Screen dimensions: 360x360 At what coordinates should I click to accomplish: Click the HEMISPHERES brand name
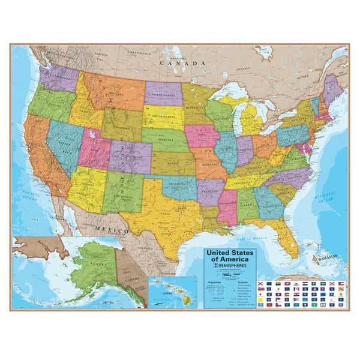tap(232, 264)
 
